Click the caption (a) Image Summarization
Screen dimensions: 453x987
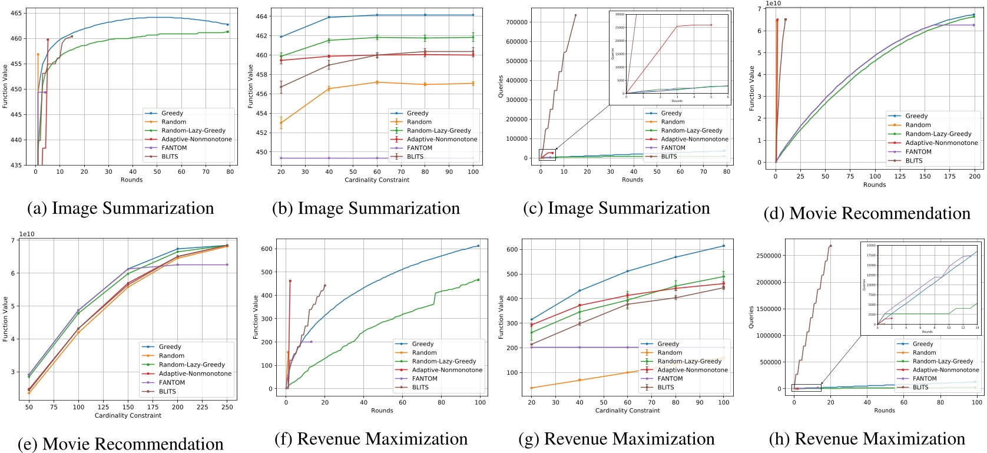tap(121, 208)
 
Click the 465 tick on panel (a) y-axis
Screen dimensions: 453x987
tap(16, 13)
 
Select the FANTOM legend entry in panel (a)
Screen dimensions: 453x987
tap(174, 148)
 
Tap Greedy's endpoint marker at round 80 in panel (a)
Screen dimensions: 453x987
tap(228, 25)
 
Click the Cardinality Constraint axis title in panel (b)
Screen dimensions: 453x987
tap(377, 180)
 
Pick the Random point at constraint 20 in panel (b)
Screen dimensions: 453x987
tap(281, 123)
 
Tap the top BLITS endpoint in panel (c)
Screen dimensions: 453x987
tap(575, 15)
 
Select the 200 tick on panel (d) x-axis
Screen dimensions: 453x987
tap(975, 176)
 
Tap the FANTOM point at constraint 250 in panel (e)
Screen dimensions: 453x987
tap(227, 264)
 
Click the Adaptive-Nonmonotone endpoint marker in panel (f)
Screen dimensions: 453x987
tap(290, 281)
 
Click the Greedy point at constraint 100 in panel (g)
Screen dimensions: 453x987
tap(724, 246)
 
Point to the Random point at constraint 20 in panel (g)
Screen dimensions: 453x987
tap(532, 388)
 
